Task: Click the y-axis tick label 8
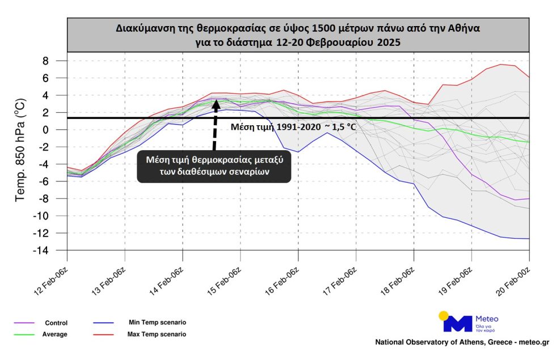pyautogui.click(x=45, y=61)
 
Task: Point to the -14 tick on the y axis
pyautogui.click(x=40, y=251)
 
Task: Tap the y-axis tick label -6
pyautogui.click(x=43, y=181)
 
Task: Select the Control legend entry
pyautogui.click(x=56, y=323)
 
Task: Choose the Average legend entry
pyautogui.click(x=54, y=334)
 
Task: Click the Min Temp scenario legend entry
pyautogui.click(x=158, y=323)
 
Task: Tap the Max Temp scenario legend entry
pyautogui.click(x=157, y=334)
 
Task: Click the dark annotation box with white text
pyautogui.click(x=214, y=167)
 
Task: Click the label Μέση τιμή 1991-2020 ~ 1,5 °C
pyautogui.click(x=293, y=126)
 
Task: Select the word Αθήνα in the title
pyautogui.click(x=464, y=28)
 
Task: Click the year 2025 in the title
pyautogui.click(x=389, y=43)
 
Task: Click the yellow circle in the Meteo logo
pyautogui.click(x=443, y=316)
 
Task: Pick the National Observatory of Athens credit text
pyautogui.click(x=462, y=342)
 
